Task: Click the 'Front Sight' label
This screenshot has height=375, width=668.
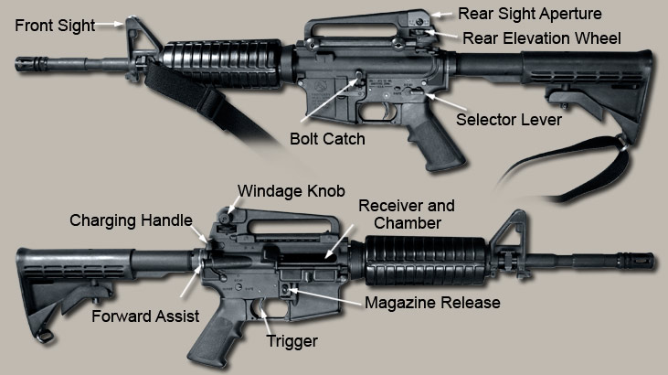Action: [x=55, y=26]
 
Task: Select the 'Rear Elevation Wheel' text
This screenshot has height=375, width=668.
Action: [x=542, y=38]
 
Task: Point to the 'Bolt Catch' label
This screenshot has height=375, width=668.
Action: [x=327, y=139]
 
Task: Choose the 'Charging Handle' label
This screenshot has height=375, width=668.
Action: [x=131, y=220]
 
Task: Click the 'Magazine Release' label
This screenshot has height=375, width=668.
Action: [x=432, y=302]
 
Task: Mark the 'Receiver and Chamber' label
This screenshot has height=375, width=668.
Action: [x=405, y=214]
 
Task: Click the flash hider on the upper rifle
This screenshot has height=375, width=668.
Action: [x=35, y=62]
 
